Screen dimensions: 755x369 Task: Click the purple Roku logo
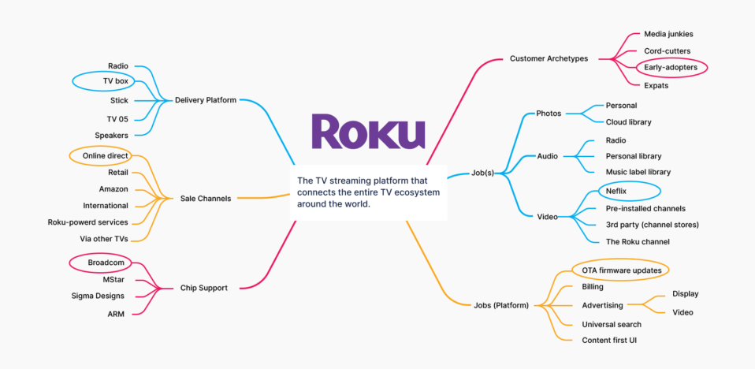point(368,132)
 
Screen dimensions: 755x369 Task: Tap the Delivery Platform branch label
point(206,100)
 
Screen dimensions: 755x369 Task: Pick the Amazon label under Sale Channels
point(113,188)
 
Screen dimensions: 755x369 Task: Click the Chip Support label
point(203,288)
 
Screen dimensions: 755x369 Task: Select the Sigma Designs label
point(98,296)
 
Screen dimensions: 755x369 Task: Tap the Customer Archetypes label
point(549,58)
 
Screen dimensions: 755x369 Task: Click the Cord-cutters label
point(667,50)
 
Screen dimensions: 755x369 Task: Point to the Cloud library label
point(628,122)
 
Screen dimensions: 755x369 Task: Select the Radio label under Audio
point(616,140)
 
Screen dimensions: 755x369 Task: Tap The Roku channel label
point(638,241)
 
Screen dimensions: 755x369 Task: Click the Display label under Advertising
point(685,293)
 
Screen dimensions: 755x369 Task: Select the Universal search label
point(612,324)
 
